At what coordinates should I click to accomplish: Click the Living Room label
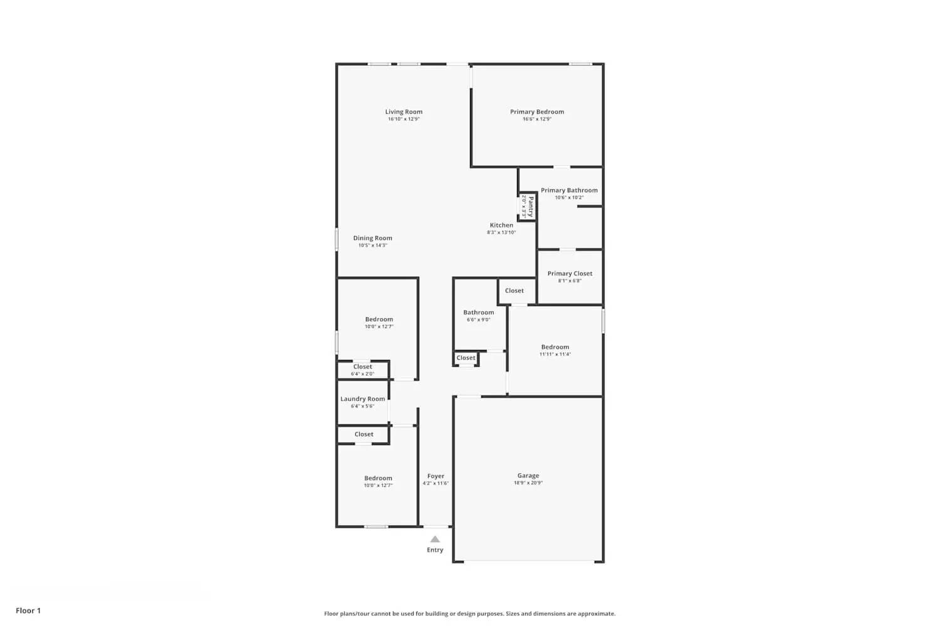[x=404, y=112]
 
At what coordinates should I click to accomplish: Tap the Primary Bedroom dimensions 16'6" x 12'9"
[x=537, y=119]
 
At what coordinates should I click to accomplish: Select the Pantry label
[x=531, y=206]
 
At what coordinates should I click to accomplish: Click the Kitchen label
[x=501, y=225]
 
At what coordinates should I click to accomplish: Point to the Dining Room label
[x=372, y=238]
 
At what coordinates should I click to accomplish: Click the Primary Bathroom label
[x=569, y=190]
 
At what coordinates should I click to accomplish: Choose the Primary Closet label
[x=570, y=274]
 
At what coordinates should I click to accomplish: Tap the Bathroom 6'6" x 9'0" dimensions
[x=479, y=320]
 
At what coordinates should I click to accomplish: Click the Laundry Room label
[x=363, y=399]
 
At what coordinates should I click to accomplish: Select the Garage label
[x=528, y=476]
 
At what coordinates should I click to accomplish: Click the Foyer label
[x=436, y=476]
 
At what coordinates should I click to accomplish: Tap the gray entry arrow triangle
[x=435, y=540]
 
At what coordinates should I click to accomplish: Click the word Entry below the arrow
[x=435, y=550]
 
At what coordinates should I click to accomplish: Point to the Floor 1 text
[x=28, y=610]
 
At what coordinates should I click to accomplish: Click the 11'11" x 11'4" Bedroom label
[x=555, y=347]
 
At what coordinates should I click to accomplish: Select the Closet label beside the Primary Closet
[x=514, y=290]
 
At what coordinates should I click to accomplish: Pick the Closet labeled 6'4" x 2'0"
[x=363, y=367]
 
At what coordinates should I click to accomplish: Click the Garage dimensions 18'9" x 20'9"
[x=528, y=483]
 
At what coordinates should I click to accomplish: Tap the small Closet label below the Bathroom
[x=466, y=358]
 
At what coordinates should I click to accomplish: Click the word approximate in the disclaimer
[x=598, y=614]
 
